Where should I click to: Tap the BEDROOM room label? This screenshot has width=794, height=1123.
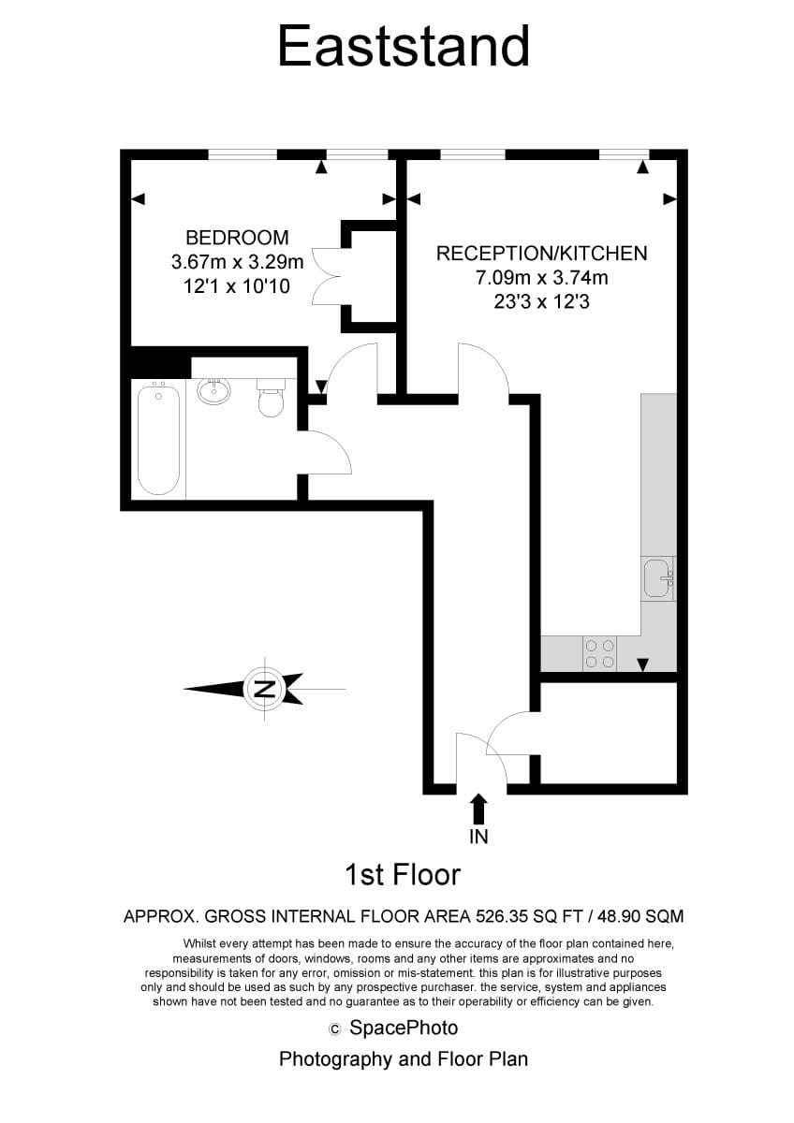tap(237, 238)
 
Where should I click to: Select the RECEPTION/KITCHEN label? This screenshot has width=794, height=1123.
tap(542, 254)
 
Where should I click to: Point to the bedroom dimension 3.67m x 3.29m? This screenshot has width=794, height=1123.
tap(237, 262)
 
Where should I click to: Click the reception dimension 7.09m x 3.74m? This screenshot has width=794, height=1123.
tap(542, 278)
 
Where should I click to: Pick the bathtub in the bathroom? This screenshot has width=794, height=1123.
tap(158, 438)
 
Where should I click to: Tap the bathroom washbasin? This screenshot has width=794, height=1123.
tap(214, 390)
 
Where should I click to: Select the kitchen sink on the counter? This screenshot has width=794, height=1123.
tap(659, 578)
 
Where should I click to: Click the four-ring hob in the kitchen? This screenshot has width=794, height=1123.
tap(600, 653)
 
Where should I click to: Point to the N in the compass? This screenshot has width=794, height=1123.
tap(265, 690)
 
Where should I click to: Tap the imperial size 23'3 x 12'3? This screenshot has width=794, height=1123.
tap(542, 301)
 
